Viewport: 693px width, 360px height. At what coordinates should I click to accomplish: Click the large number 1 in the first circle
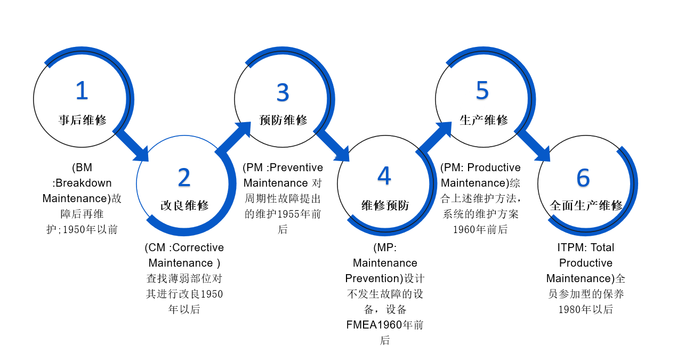coord(82,91)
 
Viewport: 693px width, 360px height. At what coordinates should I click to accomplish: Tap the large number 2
coord(184,177)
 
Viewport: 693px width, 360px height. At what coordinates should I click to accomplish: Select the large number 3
coord(283,93)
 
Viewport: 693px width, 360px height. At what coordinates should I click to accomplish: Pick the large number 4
coord(384,176)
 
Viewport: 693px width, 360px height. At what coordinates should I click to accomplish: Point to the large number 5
coord(482,91)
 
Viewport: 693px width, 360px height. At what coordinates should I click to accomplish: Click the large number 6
coord(583,178)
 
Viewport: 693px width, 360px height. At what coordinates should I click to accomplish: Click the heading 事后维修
coord(83,120)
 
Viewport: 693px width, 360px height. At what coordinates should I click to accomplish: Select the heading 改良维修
coord(184,205)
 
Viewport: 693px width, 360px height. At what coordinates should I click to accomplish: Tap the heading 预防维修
coord(283,120)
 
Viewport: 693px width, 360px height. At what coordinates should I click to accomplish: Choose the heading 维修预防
coord(385,205)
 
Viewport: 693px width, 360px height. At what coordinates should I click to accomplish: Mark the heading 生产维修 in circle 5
coord(484,120)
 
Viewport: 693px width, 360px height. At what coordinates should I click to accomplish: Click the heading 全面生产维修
coord(586,205)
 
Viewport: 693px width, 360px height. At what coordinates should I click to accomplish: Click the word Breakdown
coord(84,183)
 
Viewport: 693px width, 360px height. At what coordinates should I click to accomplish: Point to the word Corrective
coord(198,247)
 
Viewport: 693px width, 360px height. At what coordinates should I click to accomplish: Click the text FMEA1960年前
coord(385,325)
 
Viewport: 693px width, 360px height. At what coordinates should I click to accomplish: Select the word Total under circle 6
coord(602,247)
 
